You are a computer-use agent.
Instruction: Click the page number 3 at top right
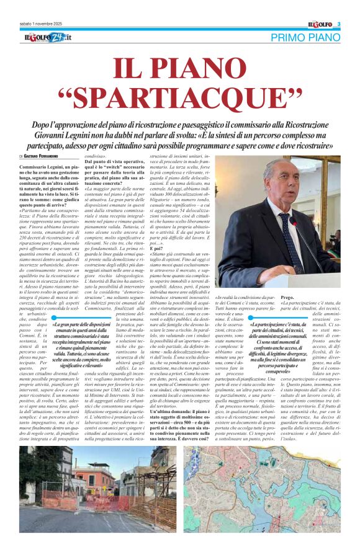click(339, 24)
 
